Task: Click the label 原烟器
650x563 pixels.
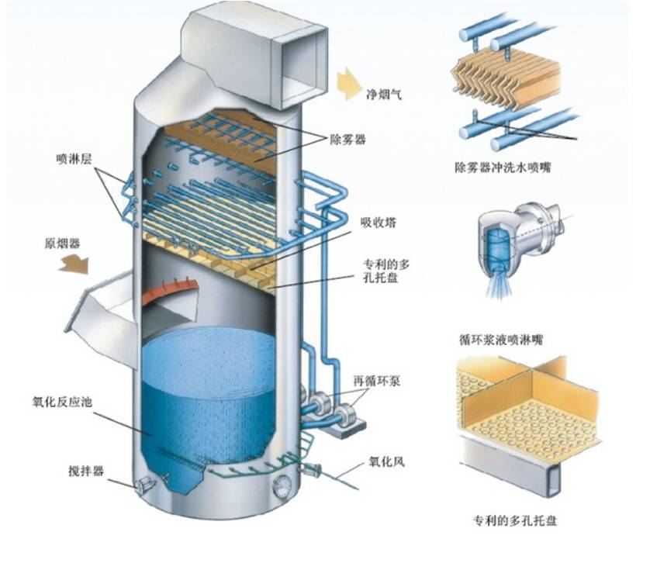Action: (61, 243)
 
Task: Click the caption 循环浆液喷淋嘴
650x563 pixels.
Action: (500, 339)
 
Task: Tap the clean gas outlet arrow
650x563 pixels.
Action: (347, 82)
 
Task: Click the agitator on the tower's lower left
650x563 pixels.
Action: (145, 485)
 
